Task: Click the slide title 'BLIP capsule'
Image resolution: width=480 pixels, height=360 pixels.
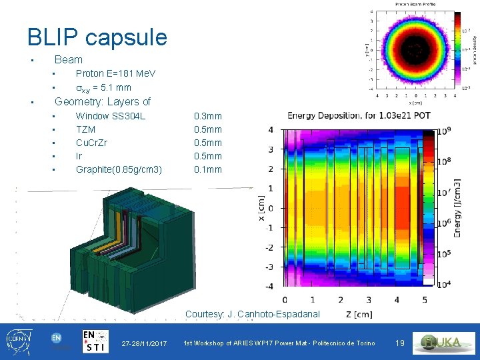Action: click(x=97, y=37)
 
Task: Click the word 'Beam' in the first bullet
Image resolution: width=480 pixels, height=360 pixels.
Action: click(x=69, y=59)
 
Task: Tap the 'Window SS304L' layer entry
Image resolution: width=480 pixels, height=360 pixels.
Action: click(x=111, y=116)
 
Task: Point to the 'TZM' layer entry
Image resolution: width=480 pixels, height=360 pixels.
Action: click(x=85, y=129)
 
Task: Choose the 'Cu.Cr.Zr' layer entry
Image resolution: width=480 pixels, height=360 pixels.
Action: click(x=92, y=143)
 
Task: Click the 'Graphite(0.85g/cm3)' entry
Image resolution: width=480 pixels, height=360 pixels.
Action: click(x=119, y=169)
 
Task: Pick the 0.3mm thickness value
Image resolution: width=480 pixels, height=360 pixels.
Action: click(x=207, y=116)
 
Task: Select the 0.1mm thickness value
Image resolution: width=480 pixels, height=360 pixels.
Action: click(x=207, y=169)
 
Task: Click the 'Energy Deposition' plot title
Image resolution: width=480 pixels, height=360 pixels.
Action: click(x=359, y=115)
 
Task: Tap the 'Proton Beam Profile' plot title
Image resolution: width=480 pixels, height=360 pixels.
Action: click(x=415, y=4)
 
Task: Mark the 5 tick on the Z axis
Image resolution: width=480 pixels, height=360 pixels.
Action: click(x=425, y=299)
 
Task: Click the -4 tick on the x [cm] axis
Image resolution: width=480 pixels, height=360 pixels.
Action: click(x=269, y=286)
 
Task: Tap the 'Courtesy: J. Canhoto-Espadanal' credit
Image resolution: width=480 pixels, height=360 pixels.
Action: click(x=253, y=314)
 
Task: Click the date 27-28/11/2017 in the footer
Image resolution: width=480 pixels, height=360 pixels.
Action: click(x=144, y=343)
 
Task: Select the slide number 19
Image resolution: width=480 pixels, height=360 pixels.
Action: click(x=400, y=343)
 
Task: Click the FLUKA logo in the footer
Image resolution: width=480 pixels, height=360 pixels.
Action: click(x=443, y=342)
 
